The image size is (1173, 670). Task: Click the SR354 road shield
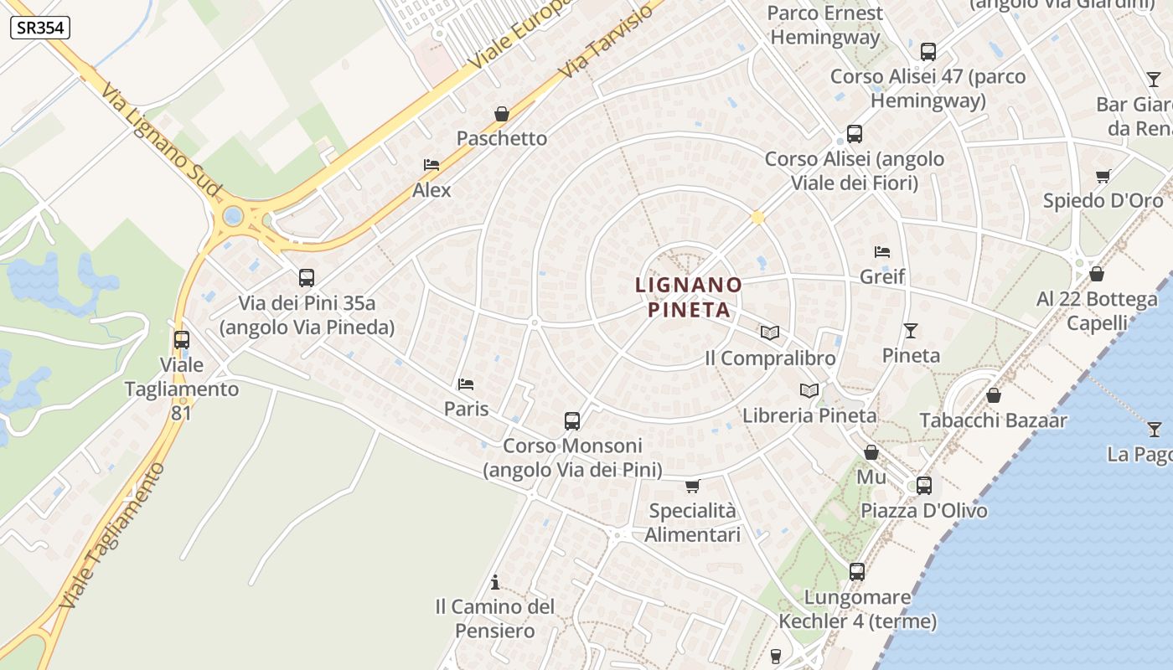coord(40,28)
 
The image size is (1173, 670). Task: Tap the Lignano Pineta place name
coord(689,297)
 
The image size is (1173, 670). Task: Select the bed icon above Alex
coord(431,165)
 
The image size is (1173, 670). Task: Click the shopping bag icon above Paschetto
coord(502,114)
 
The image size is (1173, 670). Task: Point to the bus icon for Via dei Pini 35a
coord(307,277)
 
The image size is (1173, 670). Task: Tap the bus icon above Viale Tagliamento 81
coord(182,340)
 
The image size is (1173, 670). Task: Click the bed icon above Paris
coord(466,384)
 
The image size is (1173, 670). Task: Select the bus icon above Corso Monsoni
coord(572,420)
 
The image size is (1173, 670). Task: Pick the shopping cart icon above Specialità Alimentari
coord(692,486)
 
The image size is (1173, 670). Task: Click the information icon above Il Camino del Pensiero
coord(495,581)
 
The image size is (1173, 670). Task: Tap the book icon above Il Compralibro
coord(770,332)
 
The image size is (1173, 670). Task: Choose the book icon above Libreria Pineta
coord(809,390)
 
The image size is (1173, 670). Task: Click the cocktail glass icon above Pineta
coord(911,330)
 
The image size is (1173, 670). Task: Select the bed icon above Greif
coord(882,251)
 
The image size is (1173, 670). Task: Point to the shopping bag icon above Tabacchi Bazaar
coord(994,394)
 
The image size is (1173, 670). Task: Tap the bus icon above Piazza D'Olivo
coord(924,485)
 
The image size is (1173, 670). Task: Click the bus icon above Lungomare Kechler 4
coord(857,572)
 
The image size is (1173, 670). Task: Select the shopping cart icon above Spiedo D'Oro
coord(1103,176)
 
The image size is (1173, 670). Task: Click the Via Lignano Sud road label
coord(160,140)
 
